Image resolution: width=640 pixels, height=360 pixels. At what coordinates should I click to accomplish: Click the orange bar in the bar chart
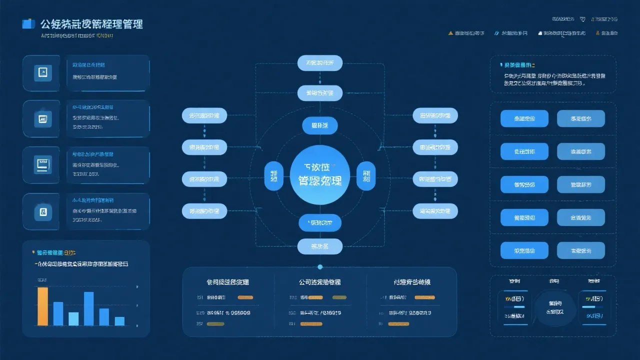[43, 306]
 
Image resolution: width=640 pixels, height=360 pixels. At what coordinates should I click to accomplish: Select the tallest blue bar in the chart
[88, 308]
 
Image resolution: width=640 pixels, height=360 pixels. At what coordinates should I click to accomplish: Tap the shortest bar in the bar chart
[119, 321]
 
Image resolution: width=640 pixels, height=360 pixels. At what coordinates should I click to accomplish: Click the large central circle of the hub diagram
[320, 174]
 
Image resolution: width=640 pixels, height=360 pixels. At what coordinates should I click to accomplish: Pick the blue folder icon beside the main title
[28, 23]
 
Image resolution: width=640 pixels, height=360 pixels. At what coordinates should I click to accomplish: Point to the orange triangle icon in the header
[450, 33]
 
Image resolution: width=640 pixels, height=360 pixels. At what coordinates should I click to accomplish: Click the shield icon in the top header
[582, 19]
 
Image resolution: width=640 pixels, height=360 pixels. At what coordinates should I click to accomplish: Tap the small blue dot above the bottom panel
[320, 266]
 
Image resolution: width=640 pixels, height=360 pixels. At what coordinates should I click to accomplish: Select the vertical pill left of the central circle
[273, 176]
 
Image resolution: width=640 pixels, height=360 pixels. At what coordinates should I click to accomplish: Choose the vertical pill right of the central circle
[366, 176]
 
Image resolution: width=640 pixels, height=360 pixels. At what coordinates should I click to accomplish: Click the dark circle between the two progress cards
[554, 307]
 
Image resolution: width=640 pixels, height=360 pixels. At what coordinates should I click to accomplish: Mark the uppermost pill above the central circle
[320, 62]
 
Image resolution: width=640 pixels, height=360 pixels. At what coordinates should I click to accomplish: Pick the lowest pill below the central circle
[320, 246]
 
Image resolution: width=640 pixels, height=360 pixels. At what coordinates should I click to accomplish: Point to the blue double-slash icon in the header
[496, 33]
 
